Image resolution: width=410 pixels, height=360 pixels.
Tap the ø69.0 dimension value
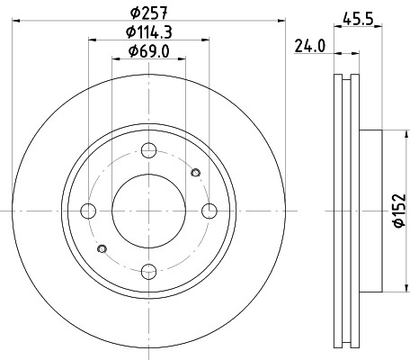point(149,51)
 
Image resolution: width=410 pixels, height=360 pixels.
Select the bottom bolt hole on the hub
point(149,270)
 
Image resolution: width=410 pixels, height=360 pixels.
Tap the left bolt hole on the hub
point(88,211)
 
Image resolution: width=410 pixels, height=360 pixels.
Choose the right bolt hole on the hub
point(209,211)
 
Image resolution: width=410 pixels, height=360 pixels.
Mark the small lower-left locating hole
point(102,248)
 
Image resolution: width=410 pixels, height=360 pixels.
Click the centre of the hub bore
point(149,211)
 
